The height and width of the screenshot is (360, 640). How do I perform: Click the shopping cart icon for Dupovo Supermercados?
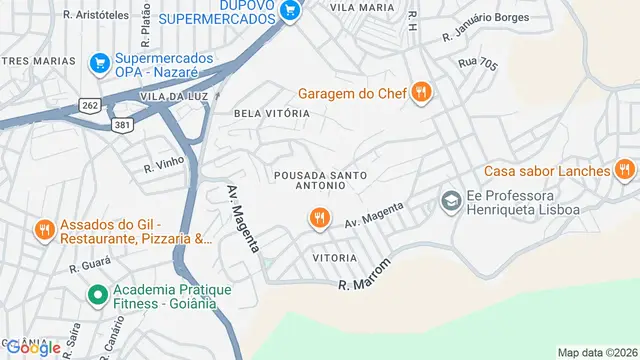[290, 11]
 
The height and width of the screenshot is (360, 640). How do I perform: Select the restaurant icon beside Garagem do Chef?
[421, 93]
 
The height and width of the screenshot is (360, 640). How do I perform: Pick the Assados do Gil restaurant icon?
[45, 231]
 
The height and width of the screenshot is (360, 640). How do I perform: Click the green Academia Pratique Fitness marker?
[97, 295]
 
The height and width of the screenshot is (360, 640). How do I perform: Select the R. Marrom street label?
[364, 272]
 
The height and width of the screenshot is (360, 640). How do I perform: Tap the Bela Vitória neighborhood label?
[271, 114]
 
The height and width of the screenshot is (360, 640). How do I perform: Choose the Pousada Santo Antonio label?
[320, 182]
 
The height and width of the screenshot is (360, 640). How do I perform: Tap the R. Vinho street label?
[163, 165]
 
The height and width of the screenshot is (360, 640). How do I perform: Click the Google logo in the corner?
[31, 348]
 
